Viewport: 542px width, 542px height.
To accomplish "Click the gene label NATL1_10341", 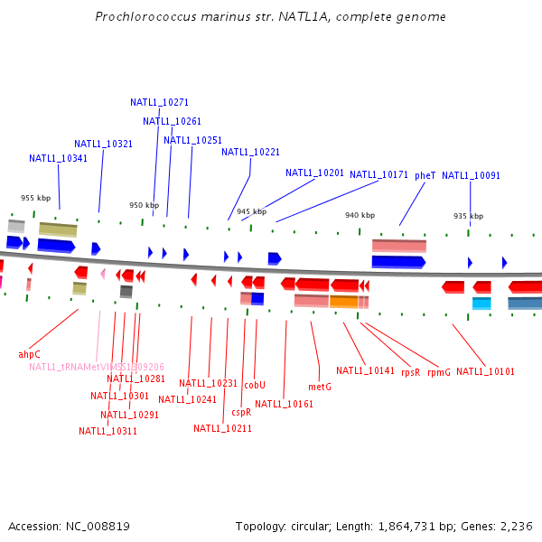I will point(58,159).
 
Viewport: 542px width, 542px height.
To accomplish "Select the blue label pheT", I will point(425,175).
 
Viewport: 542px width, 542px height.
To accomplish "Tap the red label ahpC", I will point(30,354).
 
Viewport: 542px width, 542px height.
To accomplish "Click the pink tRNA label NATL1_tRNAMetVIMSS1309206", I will point(96,367).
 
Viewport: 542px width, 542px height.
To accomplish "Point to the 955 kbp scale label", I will point(35,198).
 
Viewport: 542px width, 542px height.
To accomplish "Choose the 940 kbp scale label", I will point(360,215).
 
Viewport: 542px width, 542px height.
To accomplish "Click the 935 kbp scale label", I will point(468,217).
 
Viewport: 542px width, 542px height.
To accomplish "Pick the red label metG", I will point(320,387).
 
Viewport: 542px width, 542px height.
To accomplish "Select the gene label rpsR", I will point(411,371).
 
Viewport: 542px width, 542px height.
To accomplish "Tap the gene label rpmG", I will point(439,371).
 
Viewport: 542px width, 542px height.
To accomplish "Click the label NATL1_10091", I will point(471,176).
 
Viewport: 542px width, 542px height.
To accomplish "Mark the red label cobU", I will point(255,385).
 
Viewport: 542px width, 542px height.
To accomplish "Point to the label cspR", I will point(241,412).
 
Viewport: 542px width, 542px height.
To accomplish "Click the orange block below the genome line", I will point(343,302).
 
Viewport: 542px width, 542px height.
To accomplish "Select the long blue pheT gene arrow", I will point(397,262).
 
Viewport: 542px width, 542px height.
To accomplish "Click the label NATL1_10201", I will point(314,173).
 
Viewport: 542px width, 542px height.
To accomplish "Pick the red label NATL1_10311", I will point(107,431).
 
